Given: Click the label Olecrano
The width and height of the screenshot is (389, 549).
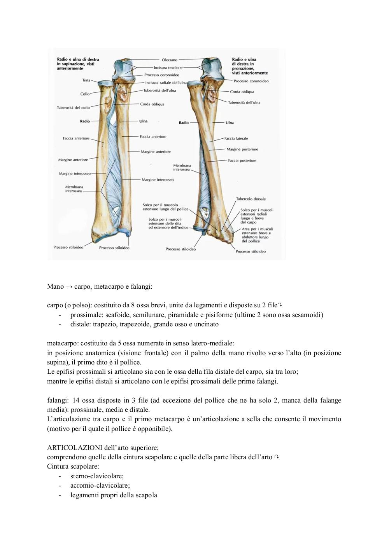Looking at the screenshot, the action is coord(169,60).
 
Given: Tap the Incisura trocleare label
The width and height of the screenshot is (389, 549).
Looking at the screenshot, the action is coord(168,68).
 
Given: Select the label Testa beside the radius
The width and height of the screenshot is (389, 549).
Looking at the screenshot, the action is coord(86,80).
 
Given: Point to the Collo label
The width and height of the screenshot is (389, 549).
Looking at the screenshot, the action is coord(85,94).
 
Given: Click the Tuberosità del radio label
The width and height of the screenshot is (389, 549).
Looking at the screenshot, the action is coord(74,108).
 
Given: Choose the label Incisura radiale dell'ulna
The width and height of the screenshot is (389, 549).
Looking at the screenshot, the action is coord(166,83).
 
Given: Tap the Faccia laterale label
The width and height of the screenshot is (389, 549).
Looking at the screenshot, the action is coord(236,138).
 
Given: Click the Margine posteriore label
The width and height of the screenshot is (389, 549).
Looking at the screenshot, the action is coord(242,149).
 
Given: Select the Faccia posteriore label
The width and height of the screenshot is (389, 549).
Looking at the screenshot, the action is coord(242,160).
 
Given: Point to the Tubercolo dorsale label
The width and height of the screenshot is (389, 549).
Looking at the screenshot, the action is coord(251,199).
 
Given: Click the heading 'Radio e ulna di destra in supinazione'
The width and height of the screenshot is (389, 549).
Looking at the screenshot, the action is coord(78,64).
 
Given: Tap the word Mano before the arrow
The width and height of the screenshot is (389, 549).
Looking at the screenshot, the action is coord(56,286).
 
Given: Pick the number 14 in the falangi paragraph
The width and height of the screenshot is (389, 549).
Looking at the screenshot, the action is coord(76,400).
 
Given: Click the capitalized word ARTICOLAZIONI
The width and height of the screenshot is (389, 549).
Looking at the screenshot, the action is coord(75,448).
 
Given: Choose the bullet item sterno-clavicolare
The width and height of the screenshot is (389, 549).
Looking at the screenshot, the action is coord(97,476).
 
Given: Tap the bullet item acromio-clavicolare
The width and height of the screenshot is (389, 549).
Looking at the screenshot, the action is coord(100,486).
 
